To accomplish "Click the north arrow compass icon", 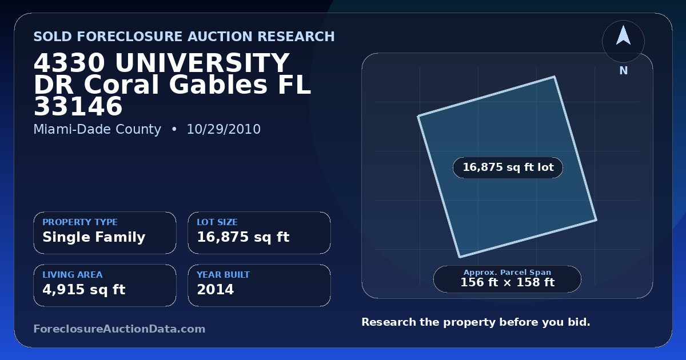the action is point(623,41).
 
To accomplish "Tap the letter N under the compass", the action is point(624,71).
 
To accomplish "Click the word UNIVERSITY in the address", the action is point(202,63).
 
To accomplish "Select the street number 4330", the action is point(69,63).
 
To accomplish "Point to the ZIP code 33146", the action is point(78,106).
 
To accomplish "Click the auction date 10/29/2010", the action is point(224,129).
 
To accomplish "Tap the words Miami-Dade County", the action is point(97,129).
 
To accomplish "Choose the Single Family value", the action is point(94,237).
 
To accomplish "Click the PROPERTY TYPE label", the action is point(80,222).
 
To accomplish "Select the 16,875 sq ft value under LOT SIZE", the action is point(243,237).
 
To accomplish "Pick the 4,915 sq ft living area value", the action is point(84,290).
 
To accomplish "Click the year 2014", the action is point(216,290).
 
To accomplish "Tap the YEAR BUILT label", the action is point(224,275).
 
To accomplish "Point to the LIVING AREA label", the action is point(73,275).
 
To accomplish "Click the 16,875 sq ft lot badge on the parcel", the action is point(508,167).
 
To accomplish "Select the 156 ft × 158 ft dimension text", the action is point(508,282).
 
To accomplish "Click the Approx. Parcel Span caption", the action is point(508,272).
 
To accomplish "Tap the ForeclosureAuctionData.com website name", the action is point(119,329).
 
